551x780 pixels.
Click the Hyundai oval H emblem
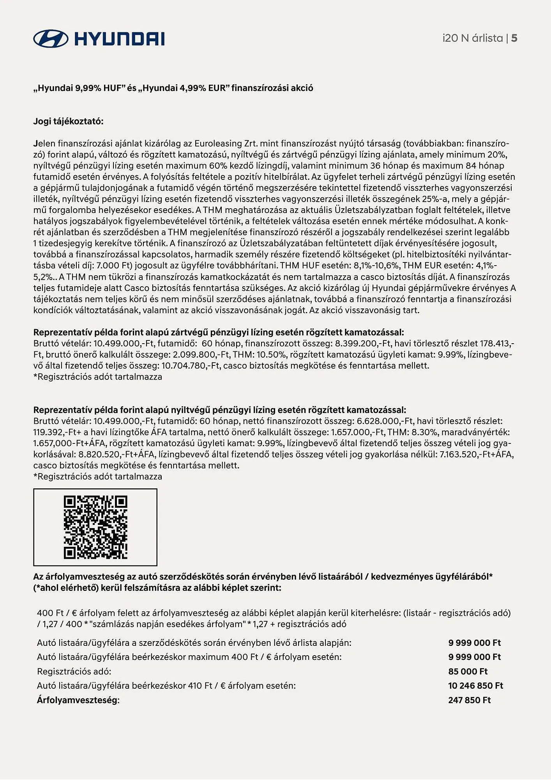51,39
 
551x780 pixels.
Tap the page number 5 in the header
514,38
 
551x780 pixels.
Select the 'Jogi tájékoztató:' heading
69,121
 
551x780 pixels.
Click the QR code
95,527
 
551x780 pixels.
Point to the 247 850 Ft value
469,700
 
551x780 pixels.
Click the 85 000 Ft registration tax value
468,672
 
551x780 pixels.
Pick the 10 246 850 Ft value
475,686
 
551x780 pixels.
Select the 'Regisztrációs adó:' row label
74,672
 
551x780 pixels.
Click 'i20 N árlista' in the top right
472,38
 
